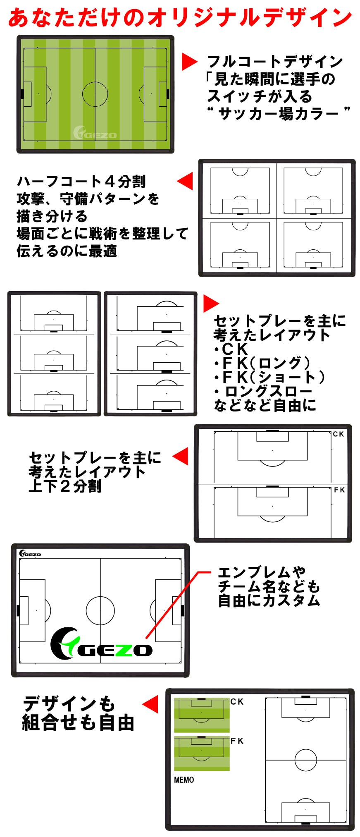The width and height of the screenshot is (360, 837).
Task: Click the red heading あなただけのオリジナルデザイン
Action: tap(180, 18)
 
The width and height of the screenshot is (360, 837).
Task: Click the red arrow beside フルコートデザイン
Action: tap(190, 62)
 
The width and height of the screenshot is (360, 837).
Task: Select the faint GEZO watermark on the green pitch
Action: tap(95, 133)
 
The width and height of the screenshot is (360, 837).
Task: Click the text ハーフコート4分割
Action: tap(81, 181)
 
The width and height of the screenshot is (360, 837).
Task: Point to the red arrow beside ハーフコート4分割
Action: tap(185, 181)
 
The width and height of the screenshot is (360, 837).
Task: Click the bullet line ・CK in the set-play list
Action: tap(231, 349)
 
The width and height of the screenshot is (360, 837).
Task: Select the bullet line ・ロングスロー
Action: tap(262, 391)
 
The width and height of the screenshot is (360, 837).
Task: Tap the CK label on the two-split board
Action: tap(339, 434)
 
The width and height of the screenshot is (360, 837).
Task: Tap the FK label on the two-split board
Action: tap(339, 490)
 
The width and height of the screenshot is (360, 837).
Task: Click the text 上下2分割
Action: tap(65, 486)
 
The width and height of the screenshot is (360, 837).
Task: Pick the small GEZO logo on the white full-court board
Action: tap(30, 553)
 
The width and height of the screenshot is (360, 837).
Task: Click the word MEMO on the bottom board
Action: tap(184, 780)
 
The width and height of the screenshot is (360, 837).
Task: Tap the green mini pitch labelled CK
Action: tap(202, 715)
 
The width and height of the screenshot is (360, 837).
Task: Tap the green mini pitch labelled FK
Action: tap(202, 753)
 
